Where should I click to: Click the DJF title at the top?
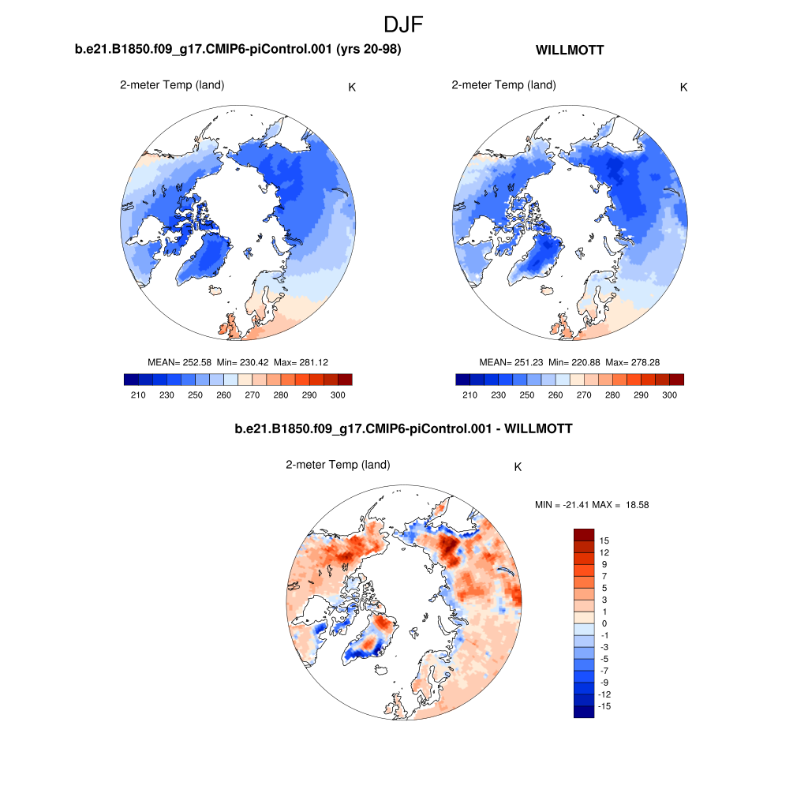pos(403,24)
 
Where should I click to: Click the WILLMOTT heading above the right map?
pos(570,50)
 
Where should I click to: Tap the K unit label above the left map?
pos(352,87)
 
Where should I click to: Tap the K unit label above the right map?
pos(683,87)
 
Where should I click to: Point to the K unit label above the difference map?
pos(518,467)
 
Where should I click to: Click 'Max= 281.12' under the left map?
pos(301,362)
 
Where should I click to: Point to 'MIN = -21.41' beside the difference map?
pos(562,505)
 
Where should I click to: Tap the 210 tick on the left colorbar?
pos(138,395)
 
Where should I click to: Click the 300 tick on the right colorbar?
pos(670,395)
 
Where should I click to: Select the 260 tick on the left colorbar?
pos(224,395)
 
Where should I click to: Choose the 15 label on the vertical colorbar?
pos(604,541)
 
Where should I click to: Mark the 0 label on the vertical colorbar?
pos(604,623)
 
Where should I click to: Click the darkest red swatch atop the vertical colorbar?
pos(583,534)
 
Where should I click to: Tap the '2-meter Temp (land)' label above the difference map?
pos(338,466)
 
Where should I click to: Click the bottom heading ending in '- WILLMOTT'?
pos(403,430)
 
